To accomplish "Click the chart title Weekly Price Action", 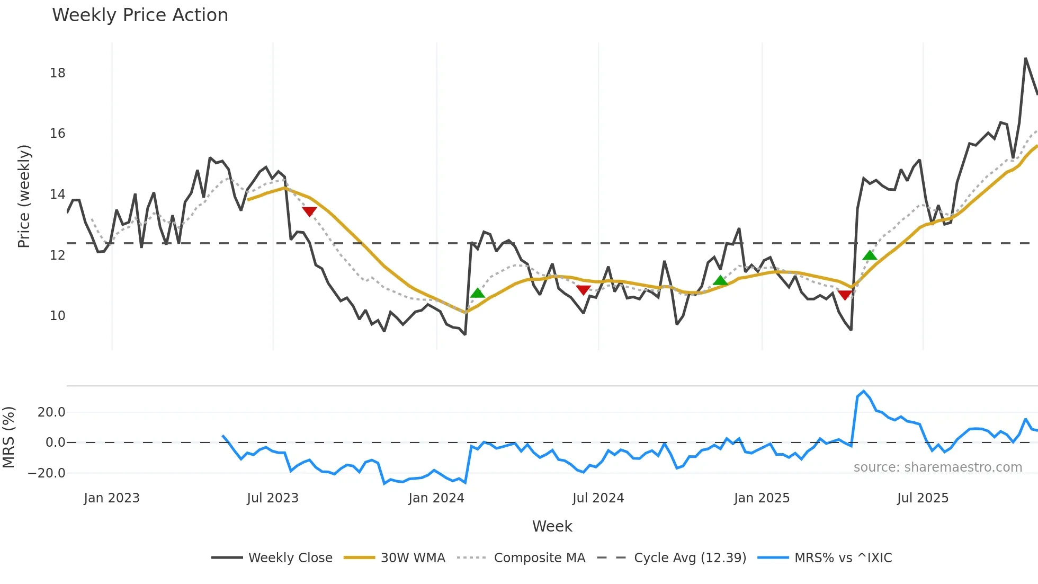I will (x=140, y=15).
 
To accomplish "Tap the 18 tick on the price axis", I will (x=57, y=73).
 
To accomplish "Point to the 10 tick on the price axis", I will (x=57, y=316).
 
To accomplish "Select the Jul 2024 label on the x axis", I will (x=598, y=498).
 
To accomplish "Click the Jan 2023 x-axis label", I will (x=112, y=498).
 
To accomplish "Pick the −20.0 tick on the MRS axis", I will (x=47, y=473).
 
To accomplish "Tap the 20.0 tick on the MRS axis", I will (x=51, y=412).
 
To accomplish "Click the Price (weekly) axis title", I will (x=24, y=196).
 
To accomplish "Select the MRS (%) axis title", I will (x=8, y=437).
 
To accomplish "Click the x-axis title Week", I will (x=552, y=526).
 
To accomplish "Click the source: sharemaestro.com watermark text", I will (x=937, y=467).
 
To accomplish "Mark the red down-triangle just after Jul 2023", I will (x=309, y=212).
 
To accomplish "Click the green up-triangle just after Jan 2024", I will (x=478, y=293).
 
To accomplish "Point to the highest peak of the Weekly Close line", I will (x=1025, y=58).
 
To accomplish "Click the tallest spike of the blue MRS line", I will (x=864, y=391).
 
